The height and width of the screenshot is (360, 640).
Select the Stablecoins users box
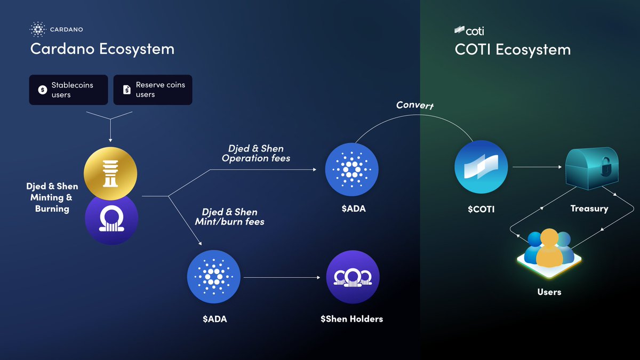[68, 90]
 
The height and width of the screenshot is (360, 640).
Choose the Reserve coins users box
[153, 90]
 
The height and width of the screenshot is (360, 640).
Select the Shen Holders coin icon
[352, 277]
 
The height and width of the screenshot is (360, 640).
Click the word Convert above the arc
[415, 105]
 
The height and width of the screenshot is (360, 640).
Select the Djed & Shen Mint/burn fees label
[233, 216]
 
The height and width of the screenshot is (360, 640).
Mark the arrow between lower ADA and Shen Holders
[283, 277]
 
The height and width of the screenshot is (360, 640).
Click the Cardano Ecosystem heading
[102, 49]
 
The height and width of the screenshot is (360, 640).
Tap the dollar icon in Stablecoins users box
[42, 90]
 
